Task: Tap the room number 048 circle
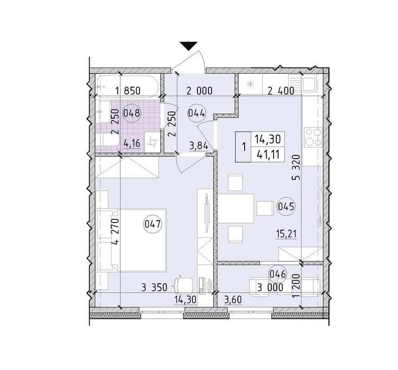click(x=131, y=113)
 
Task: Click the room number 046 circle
click(x=278, y=274)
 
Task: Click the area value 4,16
click(x=131, y=144)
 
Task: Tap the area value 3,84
click(x=199, y=146)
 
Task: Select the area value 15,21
click(x=287, y=234)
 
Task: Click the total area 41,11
click(x=268, y=154)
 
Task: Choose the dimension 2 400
click(x=281, y=90)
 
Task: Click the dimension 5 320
click(x=296, y=167)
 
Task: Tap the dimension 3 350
click(x=154, y=287)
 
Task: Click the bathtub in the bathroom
click(x=128, y=85)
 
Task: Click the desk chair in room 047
click(x=183, y=286)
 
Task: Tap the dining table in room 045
click(x=236, y=208)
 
